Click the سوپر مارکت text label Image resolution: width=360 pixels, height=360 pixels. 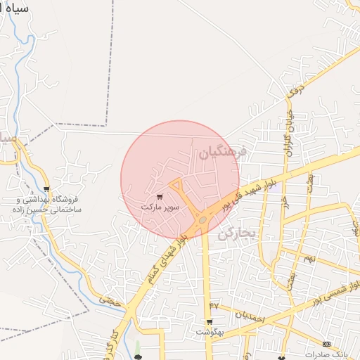coord(160,207)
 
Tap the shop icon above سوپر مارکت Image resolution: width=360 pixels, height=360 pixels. coord(160,197)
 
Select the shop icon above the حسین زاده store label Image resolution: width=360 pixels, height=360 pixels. coord(46,188)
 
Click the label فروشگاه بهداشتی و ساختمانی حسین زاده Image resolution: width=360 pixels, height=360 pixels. coord(46,205)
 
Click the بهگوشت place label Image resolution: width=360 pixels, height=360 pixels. coord(210,332)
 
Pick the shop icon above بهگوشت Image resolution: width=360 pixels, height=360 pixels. coord(210,322)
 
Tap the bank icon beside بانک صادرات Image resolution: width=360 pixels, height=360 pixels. coord(326,344)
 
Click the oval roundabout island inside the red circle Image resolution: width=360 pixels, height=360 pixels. coord(202,220)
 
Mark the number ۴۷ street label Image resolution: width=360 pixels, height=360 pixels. coord(214,305)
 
